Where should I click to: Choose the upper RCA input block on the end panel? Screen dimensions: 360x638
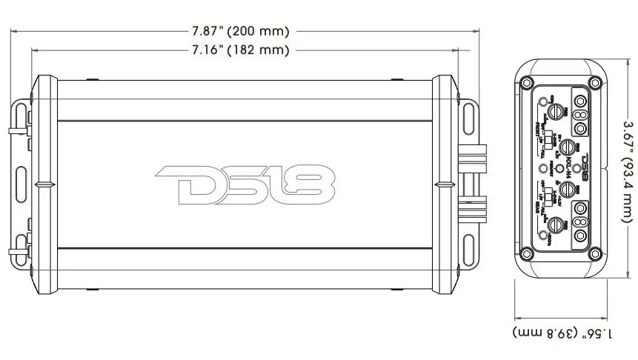coord(580,116)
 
